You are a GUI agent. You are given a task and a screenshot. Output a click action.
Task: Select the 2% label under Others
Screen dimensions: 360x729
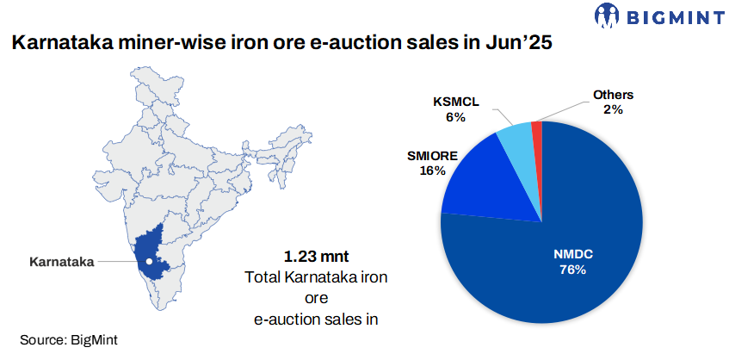pyautogui.click(x=613, y=109)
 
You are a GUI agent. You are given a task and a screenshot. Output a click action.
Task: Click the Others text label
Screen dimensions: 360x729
pyautogui.click(x=613, y=95)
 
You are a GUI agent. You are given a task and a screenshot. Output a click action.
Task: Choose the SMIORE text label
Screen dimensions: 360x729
pyautogui.click(x=432, y=157)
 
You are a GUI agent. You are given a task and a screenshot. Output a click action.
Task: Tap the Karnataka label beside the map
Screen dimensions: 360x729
pyautogui.click(x=60, y=260)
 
